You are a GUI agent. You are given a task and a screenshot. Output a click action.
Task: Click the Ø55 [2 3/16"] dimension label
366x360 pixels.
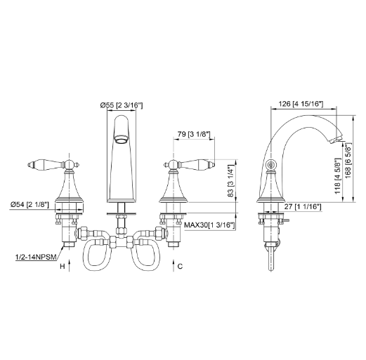coord(122,105)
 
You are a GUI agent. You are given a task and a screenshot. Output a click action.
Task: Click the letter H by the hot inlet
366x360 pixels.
coord(62,267)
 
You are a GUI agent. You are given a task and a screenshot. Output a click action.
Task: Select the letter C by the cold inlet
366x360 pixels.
coord(181,267)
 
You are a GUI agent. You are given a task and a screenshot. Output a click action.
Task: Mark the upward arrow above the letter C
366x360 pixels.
coord(173,261)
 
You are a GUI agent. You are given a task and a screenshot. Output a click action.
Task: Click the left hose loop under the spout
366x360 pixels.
coord(95,258)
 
